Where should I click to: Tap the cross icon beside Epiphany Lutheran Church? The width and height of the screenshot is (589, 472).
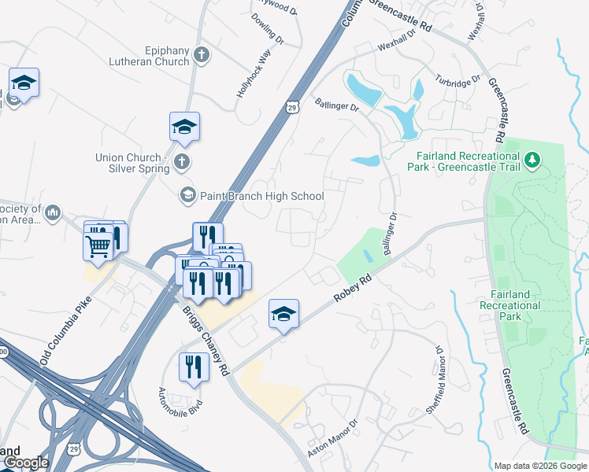click(202, 55)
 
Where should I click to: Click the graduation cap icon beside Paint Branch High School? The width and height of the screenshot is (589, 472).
click(187, 194)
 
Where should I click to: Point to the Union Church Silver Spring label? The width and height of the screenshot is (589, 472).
click(132, 163)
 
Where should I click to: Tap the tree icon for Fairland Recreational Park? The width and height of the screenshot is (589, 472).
click(533, 160)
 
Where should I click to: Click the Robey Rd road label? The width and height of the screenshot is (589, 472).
click(352, 289)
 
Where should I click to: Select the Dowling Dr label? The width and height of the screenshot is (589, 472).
click(269, 28)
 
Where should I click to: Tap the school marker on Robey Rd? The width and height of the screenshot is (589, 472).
click(283, 314)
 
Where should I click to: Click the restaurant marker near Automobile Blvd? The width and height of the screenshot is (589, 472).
click(193, 367)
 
